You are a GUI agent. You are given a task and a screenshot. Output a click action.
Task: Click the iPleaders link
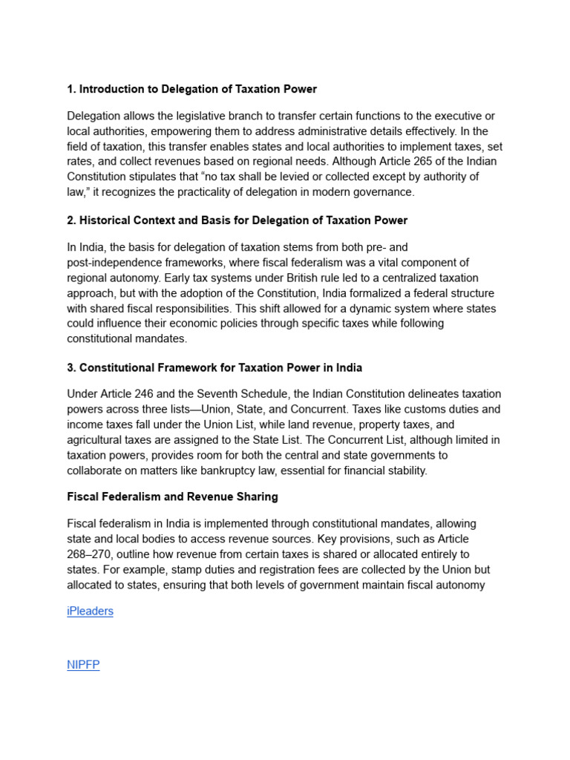[x=90, y=611]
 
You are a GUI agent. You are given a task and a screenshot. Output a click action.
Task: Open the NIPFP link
[x=83, y=664]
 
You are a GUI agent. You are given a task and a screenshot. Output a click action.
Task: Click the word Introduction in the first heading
[x=111, y=89]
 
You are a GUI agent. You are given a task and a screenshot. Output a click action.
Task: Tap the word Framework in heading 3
[x=179, y=367]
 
